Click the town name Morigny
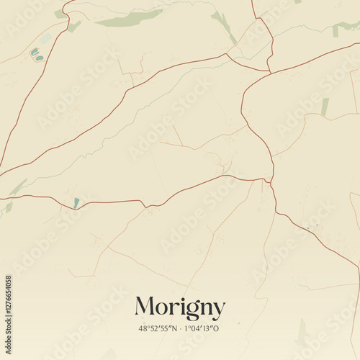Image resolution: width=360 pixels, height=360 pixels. point(180,307)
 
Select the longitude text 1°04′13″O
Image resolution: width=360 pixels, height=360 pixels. point(203,328)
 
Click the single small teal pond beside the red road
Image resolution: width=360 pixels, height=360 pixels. point(76,203)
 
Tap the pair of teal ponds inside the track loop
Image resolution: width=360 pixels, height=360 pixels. point(35,54)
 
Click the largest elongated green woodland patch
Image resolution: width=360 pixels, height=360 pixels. point(130,18)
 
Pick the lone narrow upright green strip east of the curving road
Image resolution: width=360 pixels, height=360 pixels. point(325,107)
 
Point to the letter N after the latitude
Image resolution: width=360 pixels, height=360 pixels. point(174,328)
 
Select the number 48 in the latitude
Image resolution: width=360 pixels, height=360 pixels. point(143,328)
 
